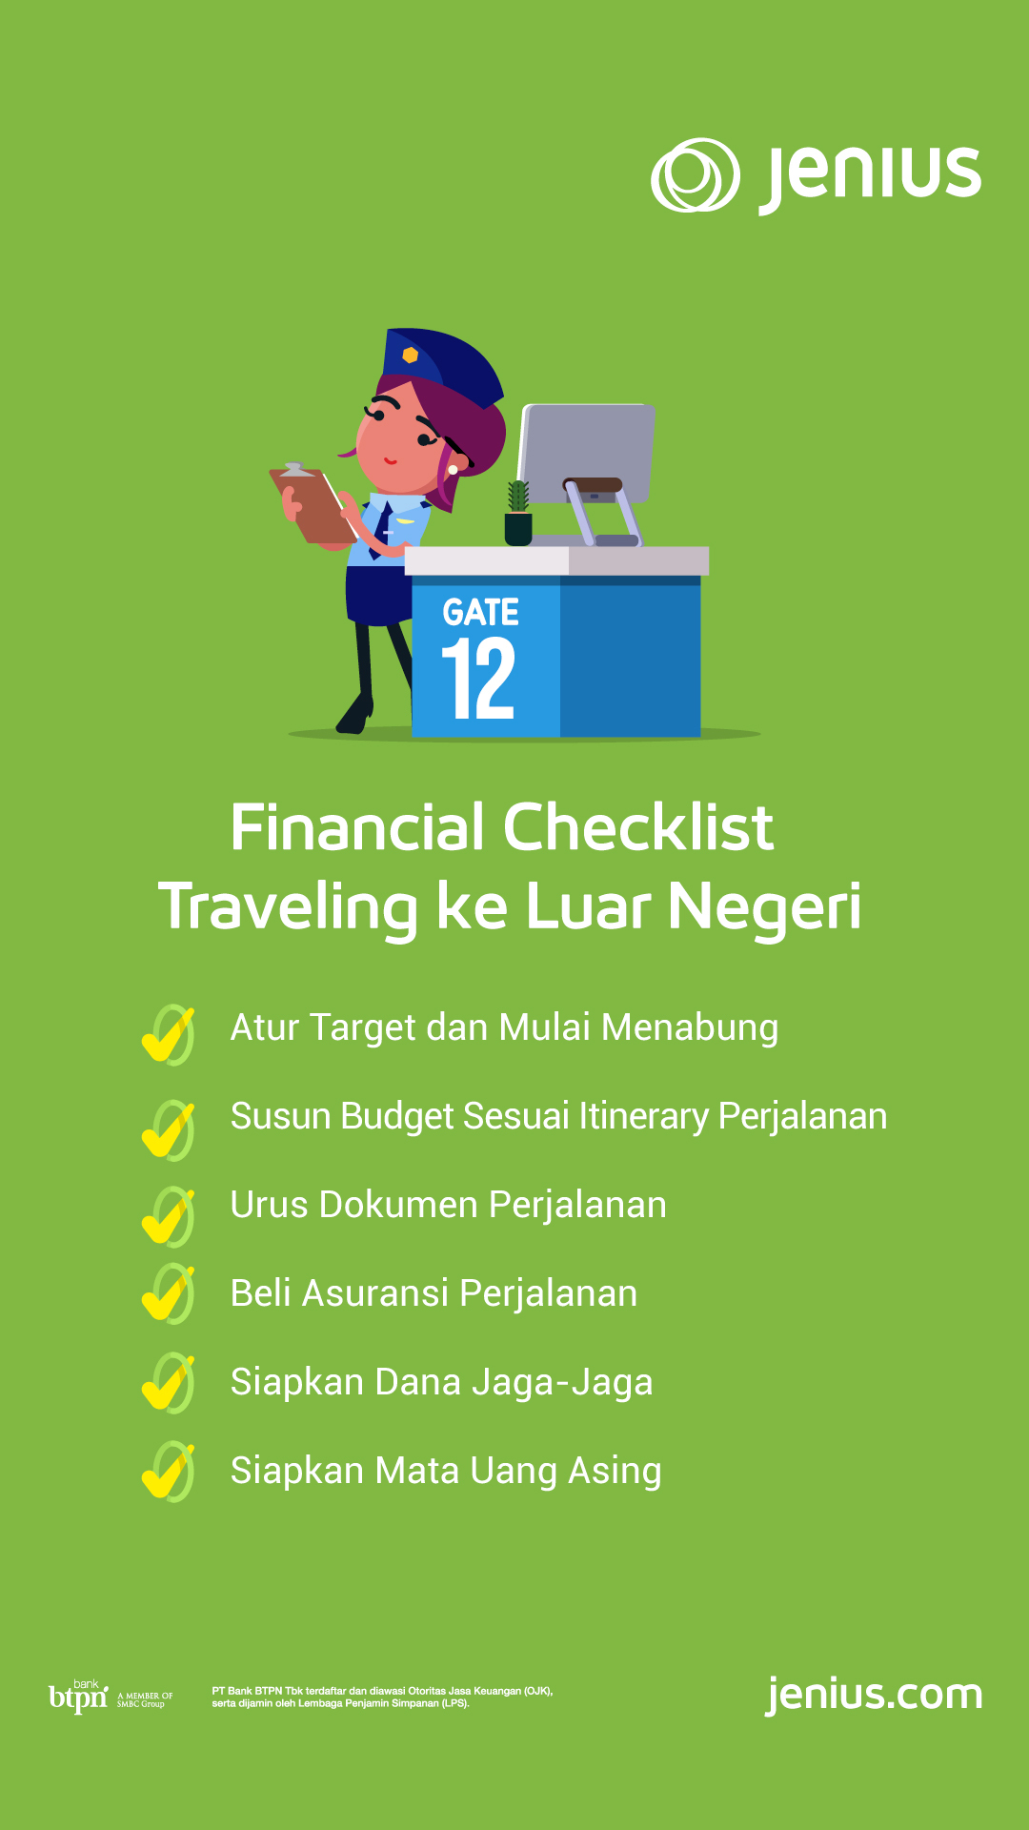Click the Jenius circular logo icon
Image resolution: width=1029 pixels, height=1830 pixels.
[x=696, y=175]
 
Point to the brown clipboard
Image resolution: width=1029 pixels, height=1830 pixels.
[x=312, y=504]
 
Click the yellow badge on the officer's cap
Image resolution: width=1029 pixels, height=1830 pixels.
[x=411, y=356]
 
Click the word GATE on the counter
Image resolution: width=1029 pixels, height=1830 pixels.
[x=480, y=612]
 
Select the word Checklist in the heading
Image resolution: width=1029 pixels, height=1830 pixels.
[x=638, y=826]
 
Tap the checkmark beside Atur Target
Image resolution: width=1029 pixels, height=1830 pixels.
[x=168, y=1035]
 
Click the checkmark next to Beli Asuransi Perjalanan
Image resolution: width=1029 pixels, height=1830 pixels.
[x=168, y=1294]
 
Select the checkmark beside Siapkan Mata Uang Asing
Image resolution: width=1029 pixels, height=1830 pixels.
[x=168, y=1473]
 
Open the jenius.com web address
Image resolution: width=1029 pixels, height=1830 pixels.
[x=874, y=1696]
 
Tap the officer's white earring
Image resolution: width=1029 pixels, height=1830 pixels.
[x=453, y=470]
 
